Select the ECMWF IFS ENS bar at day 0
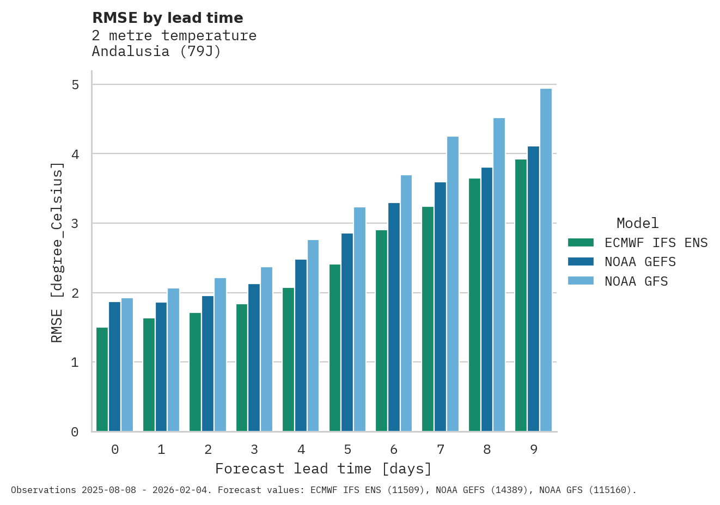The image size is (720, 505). pyautogui.click(x=102, y=379)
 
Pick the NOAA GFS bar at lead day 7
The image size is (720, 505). pyautogui.click(x=453, y=284)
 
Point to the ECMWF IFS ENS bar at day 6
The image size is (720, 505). pyautogui.click(x=381, y=330)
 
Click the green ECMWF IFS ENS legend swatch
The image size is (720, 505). pyautogui.click(x=580, y=243)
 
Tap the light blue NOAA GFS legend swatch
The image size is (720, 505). pyautogui.click(x=580, y=281)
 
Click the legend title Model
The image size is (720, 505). pyautogui.click(x=637, y=223)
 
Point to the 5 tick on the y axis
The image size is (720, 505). pyautogui.click(x=75, y=85)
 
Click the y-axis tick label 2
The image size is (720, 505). pyautogui.click(x=75, y=293)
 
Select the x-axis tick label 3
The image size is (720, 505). pyautogui.click(x=254, y=449)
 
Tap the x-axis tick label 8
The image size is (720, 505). pyautogui.click(x=487, y=449)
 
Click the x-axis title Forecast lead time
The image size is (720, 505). pyautogui.click(x=324, y=469)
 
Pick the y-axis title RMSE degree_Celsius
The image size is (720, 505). pyautogui.click(x=57, y=253)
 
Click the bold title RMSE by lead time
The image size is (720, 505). pyautogui.click(x=168, y=18)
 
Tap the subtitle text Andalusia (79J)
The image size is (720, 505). pyautogui.click(x=156, y=51)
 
